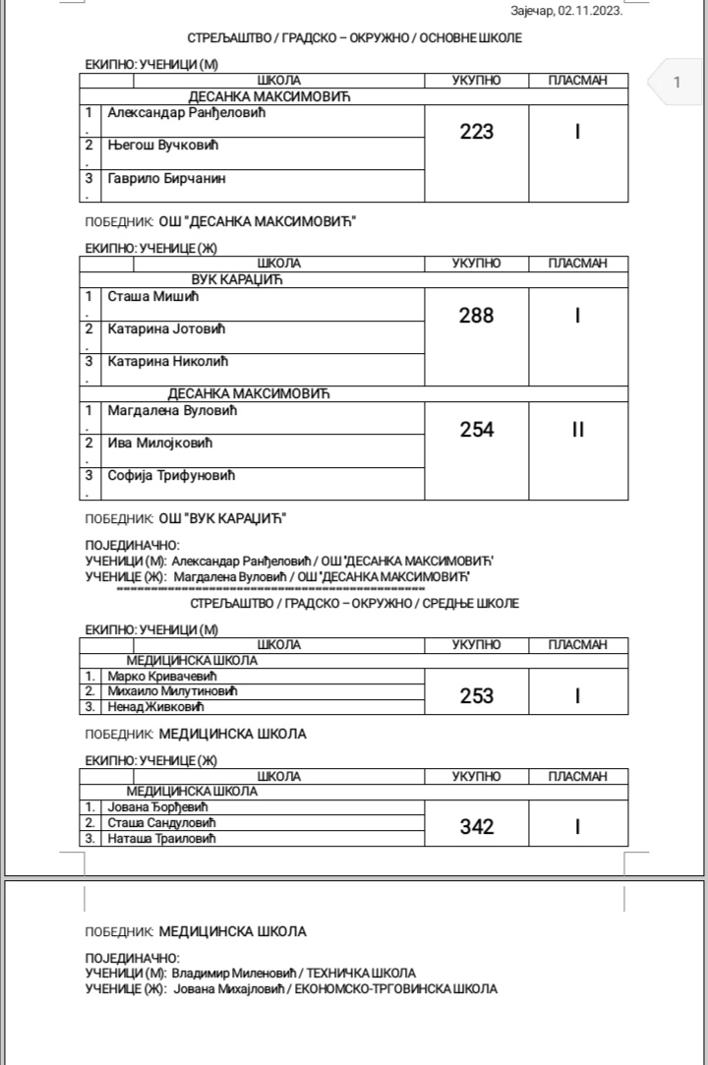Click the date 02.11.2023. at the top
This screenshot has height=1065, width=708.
[590, 12]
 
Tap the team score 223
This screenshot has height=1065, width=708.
[477, 132]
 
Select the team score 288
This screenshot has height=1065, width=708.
[477, 316]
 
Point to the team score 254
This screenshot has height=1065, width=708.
[477, 430]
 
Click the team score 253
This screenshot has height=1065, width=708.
[477, 696]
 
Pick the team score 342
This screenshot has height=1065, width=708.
[477, 827]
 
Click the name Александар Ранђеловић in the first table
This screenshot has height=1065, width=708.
[187, 113]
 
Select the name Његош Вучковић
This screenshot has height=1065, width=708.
[161, 146]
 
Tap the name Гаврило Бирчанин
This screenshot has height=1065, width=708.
[166, 179]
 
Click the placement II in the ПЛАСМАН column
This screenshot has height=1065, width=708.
[578, 430]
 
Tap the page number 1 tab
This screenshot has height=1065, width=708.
[676, 83]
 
